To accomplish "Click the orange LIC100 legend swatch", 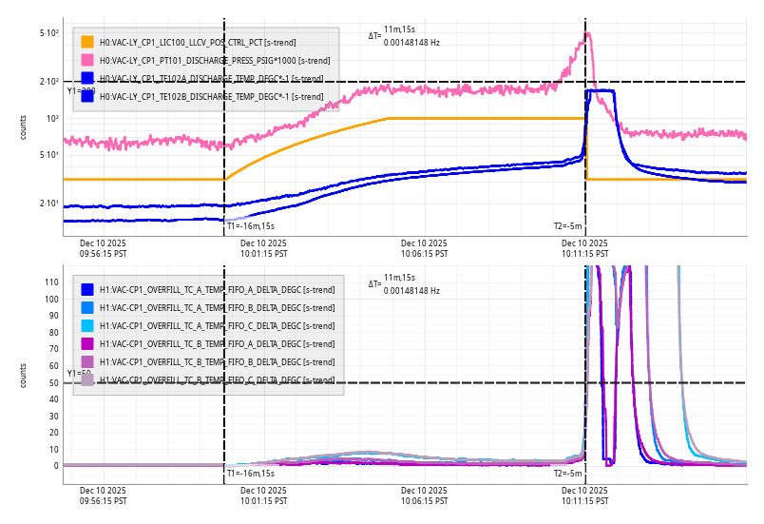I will (x=87, y=42).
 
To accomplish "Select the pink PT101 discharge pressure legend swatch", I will (x=87, y=60).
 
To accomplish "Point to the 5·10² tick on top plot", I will (x=49, y=33).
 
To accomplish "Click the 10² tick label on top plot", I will (x=51, y=119).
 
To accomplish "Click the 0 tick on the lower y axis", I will (x=56, y=466).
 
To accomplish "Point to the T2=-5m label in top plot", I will (x=567, y=226).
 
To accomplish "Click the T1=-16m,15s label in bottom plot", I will (x=250, y=473).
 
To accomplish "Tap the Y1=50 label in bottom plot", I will (x=80, y=374).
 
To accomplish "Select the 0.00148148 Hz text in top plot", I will (x=411, y=43).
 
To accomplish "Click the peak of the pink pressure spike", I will (x=587, y=34).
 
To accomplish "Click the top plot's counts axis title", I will (x=24, y=127).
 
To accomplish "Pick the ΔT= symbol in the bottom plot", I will (x=374, y=283).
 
